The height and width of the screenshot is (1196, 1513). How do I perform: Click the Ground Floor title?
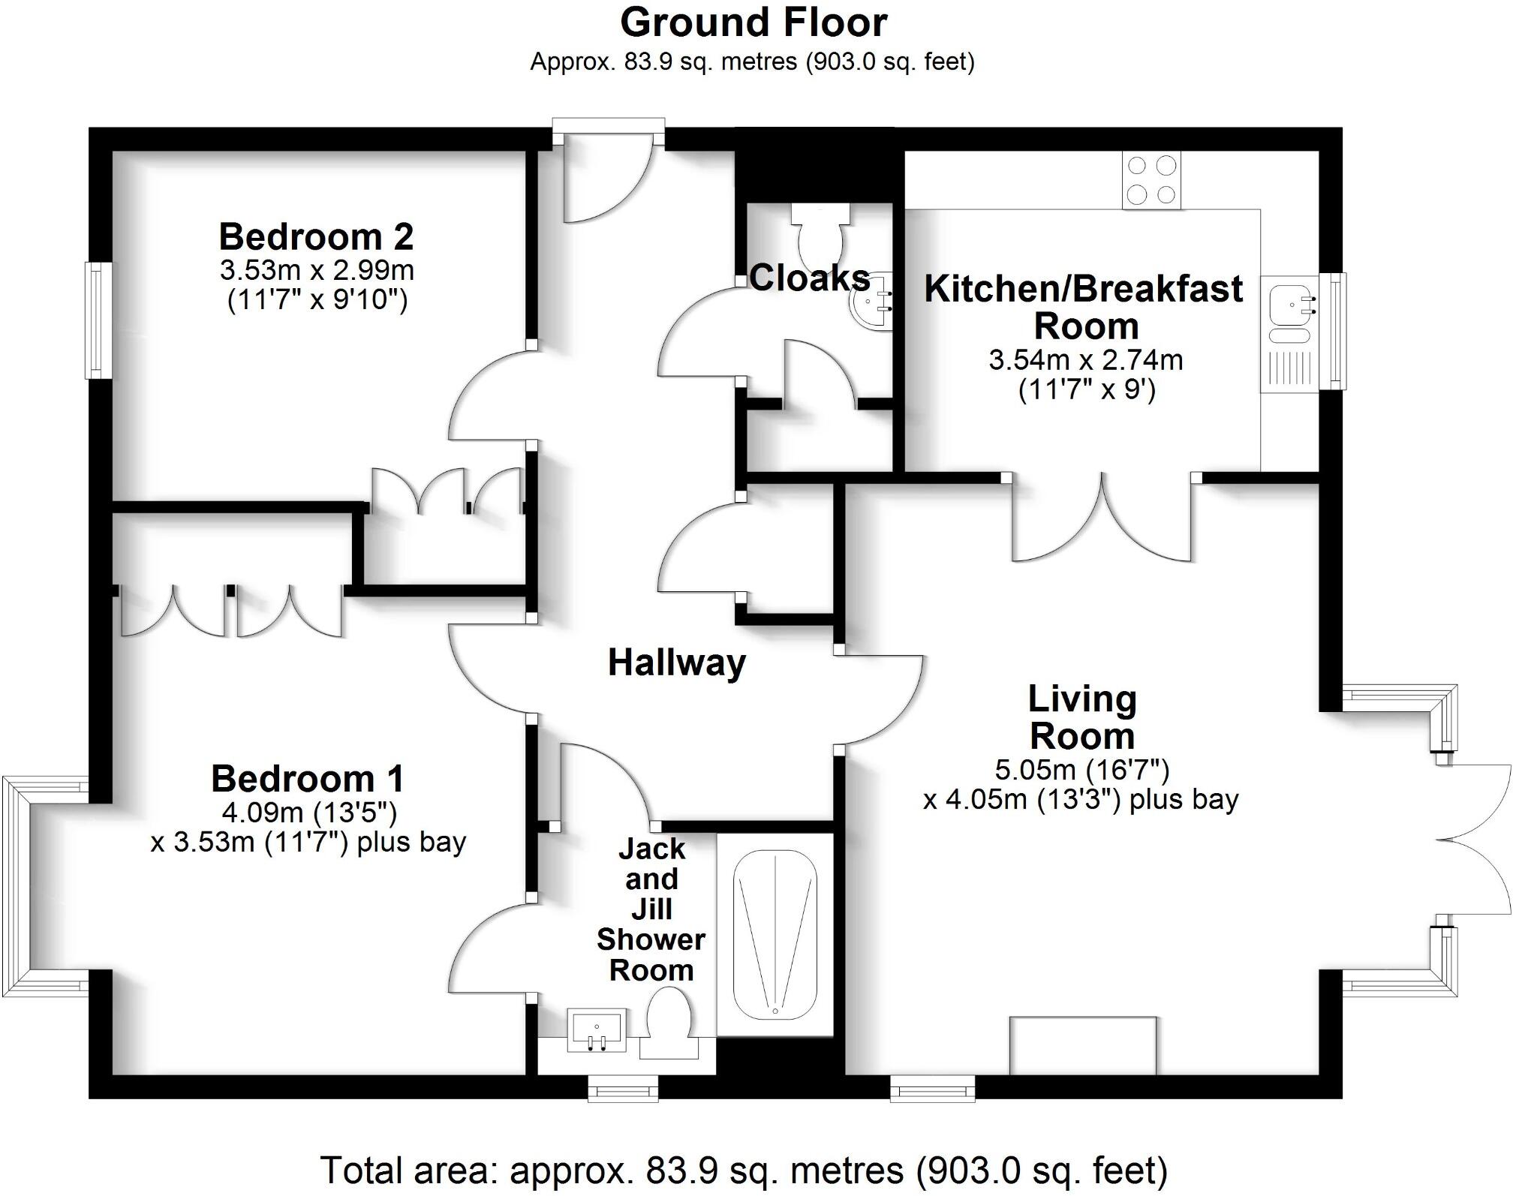click(x=753, y=23)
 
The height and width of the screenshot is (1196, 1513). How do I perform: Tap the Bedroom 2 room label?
click(x=316, y=237)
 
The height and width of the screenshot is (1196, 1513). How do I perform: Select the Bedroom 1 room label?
click(x=308, y=778)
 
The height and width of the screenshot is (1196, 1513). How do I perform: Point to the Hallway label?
click(x=676, y=663)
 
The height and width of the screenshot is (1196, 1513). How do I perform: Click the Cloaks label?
click(x=809, y=278)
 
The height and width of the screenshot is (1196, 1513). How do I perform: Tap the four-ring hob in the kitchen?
click(x=1151, y=180)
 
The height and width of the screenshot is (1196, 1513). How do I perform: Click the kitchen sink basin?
click(x=1290, y=305)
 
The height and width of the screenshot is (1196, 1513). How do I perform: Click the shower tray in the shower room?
click(x=775, y=933)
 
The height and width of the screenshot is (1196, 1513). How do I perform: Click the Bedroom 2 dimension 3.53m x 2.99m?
click(x=316, y=269)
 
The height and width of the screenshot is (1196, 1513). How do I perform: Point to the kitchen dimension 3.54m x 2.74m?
click(x=1085, y=360)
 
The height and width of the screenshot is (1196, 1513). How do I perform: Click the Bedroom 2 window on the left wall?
click(x=98, y=320)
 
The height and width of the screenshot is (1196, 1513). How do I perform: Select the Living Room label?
click(x=1081, y=717)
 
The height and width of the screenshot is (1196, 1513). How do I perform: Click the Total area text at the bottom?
click(x=744, y=1170)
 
